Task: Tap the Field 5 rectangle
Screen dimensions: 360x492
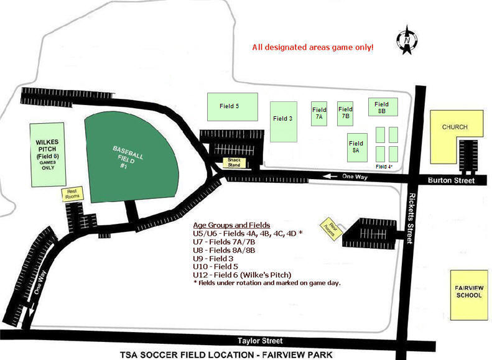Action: point(229,106)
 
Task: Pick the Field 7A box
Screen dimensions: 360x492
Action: point(319,113)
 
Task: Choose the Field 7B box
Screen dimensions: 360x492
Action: point(345,113)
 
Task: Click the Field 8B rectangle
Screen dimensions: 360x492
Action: point(381,108)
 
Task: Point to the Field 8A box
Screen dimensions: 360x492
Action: point(356,147)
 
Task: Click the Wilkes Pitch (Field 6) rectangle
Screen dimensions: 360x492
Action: point(47,154)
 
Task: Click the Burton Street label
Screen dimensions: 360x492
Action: point(451,180)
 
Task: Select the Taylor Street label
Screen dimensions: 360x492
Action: point(261,341)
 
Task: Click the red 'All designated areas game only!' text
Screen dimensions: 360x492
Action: point(312,47)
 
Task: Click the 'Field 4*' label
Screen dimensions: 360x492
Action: point(384,167)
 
